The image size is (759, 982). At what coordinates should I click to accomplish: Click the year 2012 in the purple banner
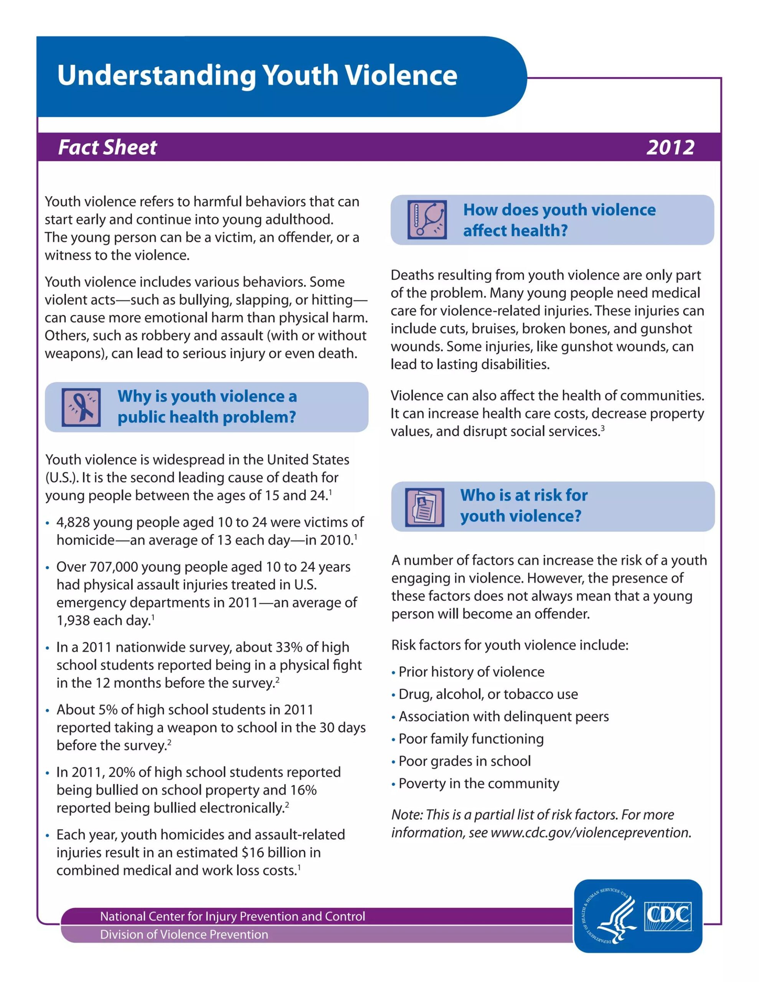pyautogui.click(x=670, y=147)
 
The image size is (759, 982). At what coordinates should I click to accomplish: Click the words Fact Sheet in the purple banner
pyautogui.click(x=107, y=147)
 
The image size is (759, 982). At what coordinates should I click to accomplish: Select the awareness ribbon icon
pyautogui.click(x=81, y=407)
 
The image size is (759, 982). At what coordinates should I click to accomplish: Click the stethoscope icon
pyautogui.click(x=427, y=219)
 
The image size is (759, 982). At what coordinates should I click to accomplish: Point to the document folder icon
pyautogui.click(x=424, y=507)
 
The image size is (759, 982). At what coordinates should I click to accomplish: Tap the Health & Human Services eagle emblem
pyautogui.click(x=610, y=916)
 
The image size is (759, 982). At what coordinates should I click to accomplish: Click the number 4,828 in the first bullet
pyautogui.click(x=73, y=522)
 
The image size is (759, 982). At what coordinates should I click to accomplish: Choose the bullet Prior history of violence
pyautogui.click(x=471, y=672)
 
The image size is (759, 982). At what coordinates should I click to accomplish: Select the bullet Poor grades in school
pyautogui.click(x=464, y=761)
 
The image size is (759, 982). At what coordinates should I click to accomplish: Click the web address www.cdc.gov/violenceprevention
pyautogui.click(x=590, y=832)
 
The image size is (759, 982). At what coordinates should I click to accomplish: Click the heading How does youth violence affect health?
pyautogui.click(x=559, y=220)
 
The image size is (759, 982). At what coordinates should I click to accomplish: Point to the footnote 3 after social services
pyautogui.click(x=602, y=428)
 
